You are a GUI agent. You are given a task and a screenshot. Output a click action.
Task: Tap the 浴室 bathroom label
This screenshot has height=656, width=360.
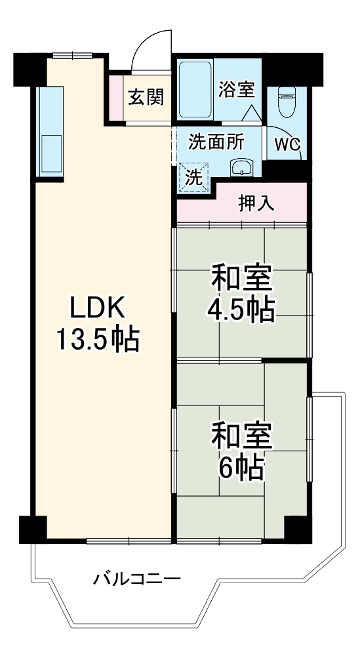click(237, 89)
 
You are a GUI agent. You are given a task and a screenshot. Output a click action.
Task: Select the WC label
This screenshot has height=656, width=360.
click(287, 144)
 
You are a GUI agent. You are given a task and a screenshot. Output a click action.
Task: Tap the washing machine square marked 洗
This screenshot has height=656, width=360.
click(193, 175)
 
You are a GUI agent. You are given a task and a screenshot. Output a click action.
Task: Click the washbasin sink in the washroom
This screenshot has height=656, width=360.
click(243, 167)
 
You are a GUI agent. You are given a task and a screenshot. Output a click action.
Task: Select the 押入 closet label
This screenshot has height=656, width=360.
click(256, 204)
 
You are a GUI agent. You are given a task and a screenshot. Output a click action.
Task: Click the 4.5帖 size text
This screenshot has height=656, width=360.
click(241, 310)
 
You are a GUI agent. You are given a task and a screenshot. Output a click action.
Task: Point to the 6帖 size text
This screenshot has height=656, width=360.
click(241, 466)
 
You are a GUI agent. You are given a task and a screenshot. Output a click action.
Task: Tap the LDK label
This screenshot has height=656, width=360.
click(96, 307)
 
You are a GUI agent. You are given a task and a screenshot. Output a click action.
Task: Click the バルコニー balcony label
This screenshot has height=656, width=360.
click(136, 579)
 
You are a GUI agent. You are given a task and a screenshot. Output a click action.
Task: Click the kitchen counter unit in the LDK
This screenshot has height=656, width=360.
click(49, 131)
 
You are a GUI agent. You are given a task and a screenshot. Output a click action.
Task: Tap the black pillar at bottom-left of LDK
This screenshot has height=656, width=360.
click(31, 528)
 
